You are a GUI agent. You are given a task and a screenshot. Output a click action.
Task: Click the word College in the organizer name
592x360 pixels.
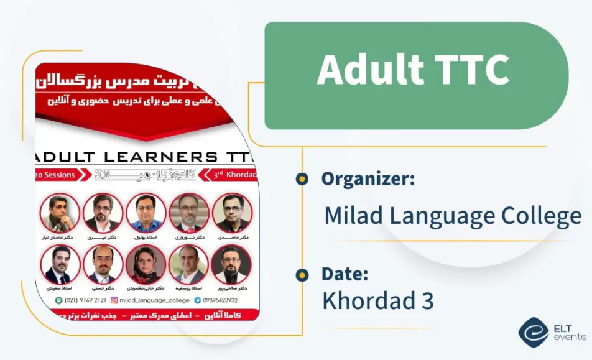pyautogui.click(x=542, y=216)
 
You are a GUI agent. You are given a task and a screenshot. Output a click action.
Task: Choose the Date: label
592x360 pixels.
pyautogui.click(x=345, y=274)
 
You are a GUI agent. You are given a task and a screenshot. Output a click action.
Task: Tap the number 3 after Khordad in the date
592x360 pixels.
pyautogui.click(x=426, y=302)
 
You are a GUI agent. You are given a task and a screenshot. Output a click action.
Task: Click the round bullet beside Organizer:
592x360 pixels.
pyautogui.click(x=302, y=179)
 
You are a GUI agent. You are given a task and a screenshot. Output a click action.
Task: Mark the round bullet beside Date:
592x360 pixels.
pyautogui.click(x=302, y=274)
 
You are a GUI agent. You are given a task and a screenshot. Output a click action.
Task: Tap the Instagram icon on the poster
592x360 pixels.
pyautogui.click(x=114, y=300)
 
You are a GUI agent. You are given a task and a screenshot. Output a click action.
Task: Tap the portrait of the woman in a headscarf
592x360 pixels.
pyautogui.click(x=146, y=264)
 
